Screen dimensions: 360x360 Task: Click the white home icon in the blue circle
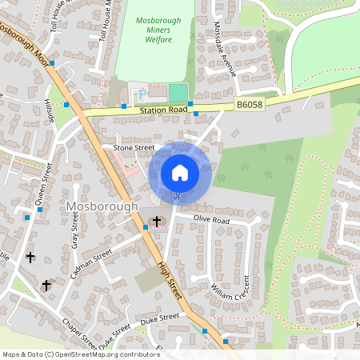[180, 173]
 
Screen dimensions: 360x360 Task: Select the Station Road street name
[162, 109]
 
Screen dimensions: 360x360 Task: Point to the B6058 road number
[250, 103]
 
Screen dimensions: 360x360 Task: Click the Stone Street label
[133, 148]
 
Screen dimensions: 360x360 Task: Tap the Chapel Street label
[79, 334]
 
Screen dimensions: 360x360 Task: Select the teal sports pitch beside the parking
[177, 92]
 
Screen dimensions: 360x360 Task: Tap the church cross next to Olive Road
[157, 221]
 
